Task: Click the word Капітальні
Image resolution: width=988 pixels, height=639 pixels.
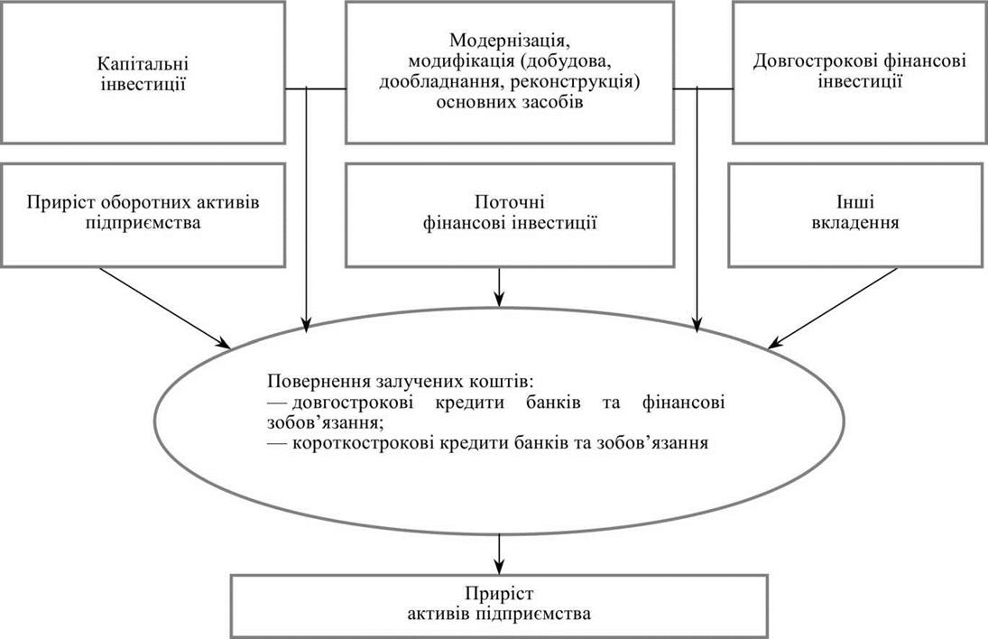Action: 143,64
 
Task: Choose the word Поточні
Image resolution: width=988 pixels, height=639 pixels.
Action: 509,203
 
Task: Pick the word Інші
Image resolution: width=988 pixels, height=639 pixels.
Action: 855,203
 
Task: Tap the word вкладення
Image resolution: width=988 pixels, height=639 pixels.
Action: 855,223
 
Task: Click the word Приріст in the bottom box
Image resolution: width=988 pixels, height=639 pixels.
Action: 499,594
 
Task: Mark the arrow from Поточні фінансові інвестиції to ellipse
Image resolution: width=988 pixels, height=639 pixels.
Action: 499,287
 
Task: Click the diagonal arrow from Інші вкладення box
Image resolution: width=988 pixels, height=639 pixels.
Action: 832,308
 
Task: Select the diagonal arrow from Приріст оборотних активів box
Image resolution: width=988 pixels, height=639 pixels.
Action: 165,308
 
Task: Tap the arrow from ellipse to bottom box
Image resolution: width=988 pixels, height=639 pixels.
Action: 499,552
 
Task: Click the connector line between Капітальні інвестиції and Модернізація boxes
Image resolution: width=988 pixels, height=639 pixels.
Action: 316,88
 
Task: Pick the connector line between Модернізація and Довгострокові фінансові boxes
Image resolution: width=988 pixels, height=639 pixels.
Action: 703,88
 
